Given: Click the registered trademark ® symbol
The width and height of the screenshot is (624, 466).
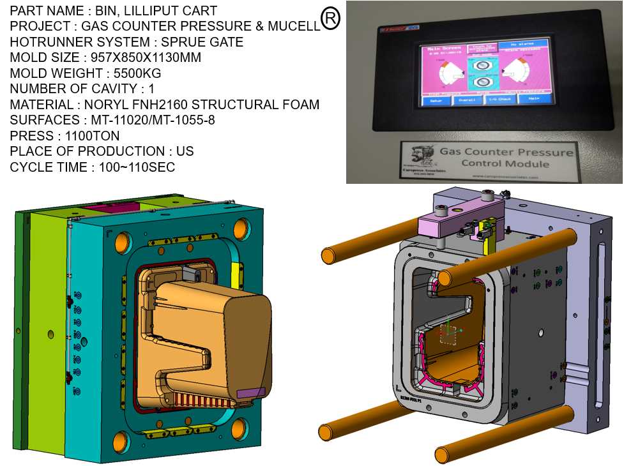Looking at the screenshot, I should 330,19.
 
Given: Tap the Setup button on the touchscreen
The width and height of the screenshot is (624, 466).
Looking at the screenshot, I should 434,101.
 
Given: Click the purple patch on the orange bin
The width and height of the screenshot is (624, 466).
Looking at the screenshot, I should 250,393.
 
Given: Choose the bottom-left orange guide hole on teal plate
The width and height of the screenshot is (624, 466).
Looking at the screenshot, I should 121,439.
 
